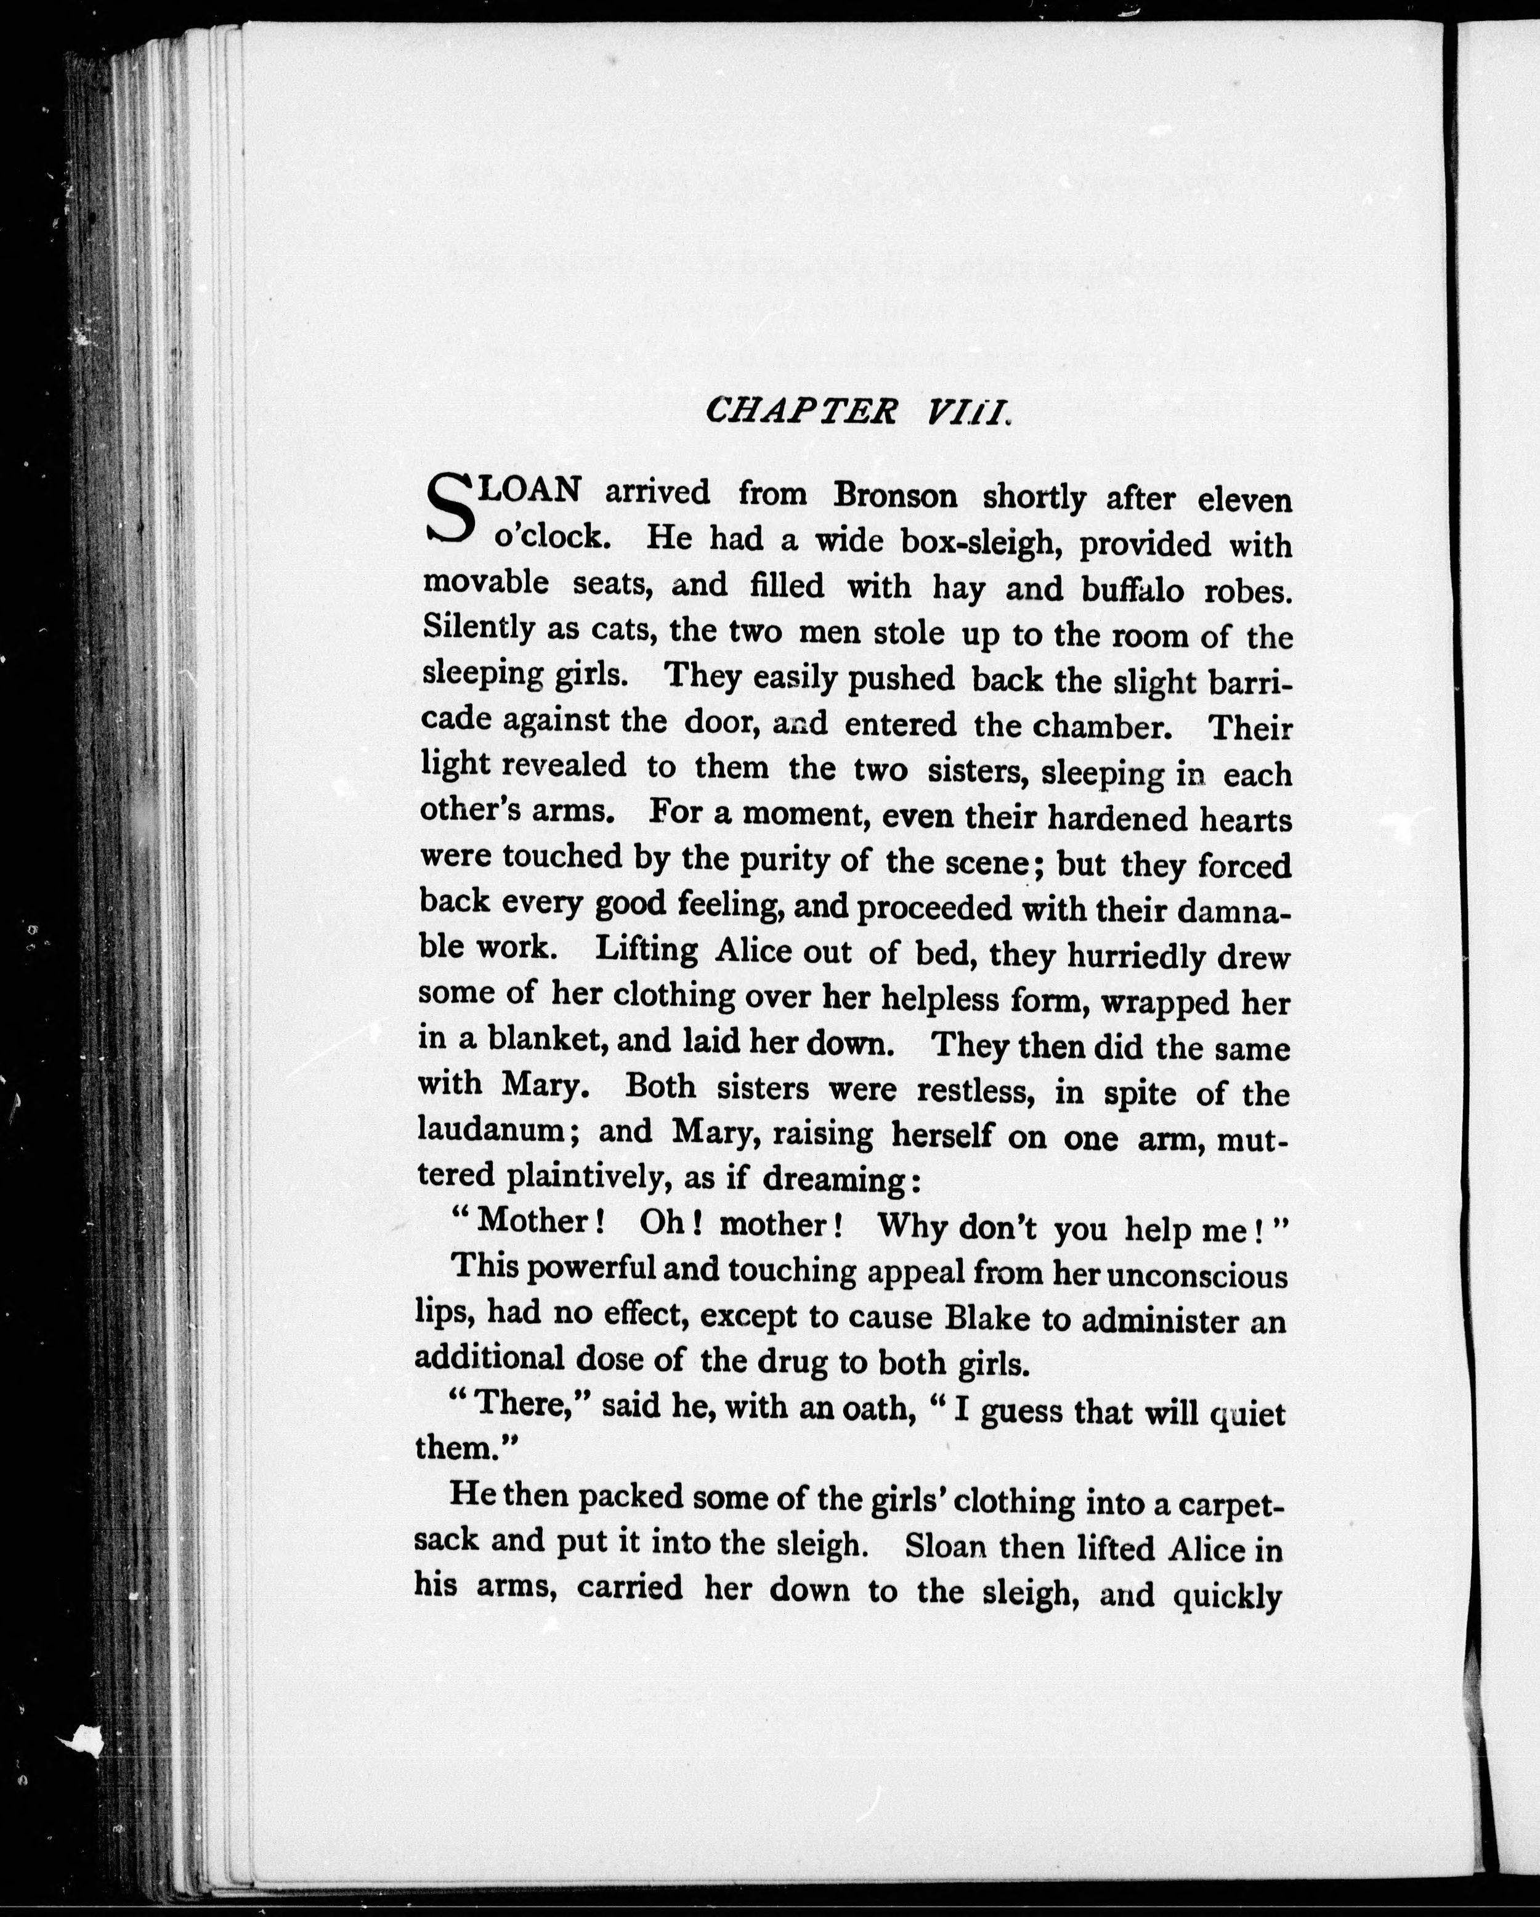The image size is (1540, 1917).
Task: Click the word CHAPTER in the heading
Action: point(800,411)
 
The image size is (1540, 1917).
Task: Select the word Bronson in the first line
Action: point(894,496)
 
